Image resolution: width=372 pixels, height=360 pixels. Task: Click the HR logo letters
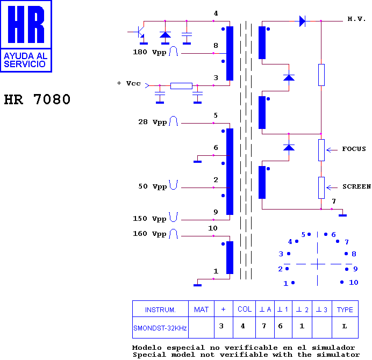coord(26,24)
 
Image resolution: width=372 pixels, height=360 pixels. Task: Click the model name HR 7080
coord(37,99)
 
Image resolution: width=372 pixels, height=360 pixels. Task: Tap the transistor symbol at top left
coord(140,32)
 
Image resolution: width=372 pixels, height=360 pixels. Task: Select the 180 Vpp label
coord(149,52)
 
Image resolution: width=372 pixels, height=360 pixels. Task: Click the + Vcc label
coord(129,83)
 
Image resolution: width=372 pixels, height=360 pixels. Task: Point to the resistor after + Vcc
coord(181,85)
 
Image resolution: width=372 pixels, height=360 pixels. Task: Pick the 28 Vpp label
coord(153,122)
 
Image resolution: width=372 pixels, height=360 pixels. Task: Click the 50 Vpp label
coord(153,186)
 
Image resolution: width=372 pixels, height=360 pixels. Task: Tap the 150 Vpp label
coord(149,219)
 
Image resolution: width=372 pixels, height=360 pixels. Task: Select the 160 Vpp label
coord(149,234)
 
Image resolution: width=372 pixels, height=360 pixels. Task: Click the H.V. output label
coord(356,19)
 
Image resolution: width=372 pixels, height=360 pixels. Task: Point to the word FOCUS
coord(354,149)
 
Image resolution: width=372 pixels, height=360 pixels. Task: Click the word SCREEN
coord(356,186)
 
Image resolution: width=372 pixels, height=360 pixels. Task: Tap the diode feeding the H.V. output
coord(302,21)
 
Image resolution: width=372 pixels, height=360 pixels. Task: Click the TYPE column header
coord(345,309)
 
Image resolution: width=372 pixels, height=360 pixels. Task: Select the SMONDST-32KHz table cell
coord(160,328)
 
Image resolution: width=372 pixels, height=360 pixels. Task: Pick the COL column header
coord(245,309)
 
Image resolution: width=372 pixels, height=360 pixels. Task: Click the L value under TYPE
coord(345,326)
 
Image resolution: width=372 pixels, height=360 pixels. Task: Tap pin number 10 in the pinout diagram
coord(354,283)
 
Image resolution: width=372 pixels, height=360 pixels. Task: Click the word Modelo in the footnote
coord(147,348)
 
